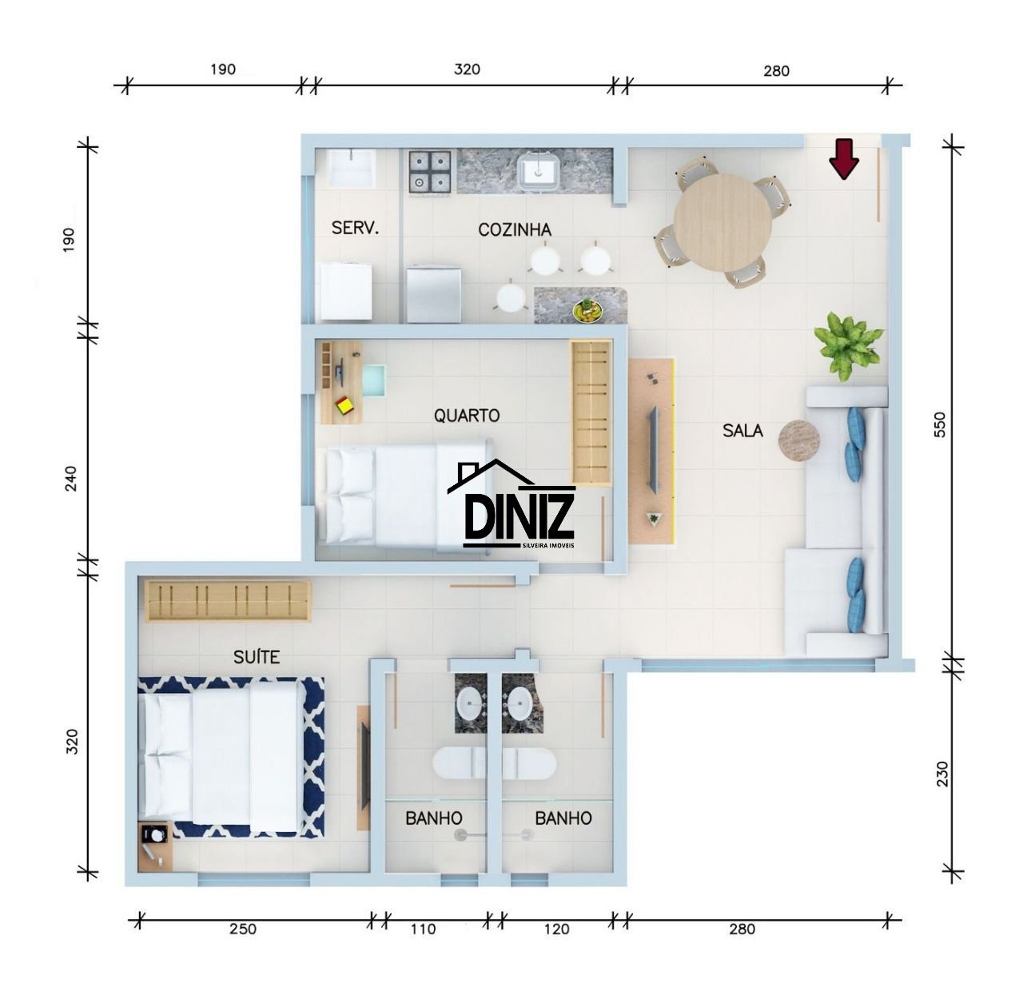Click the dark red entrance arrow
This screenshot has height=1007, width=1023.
pyautogui.click(x=843, y=158)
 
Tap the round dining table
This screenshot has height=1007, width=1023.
pyautogui.click(x=722, y=223)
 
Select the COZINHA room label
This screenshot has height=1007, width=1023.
pyautogui.click(x=515, y=230)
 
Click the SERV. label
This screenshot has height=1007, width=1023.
pyautogui.click(x=355, y=228)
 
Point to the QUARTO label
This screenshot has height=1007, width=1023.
pyautogui.click(x=467, y=416)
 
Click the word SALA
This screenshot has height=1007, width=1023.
pyautogui.click(x=742, y=430)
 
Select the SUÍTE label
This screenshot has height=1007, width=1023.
pyautogui.click(x=257, y=656)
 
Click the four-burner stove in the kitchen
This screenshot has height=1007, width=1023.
pyautogui.click(x=429, y=172)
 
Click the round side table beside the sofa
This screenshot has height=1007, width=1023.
pyautogui.click(x=798, y=440)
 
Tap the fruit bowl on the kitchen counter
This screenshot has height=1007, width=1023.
pyautogui.click(x=587, y=310)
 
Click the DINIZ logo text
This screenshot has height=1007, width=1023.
pyautogui.click(x=519, y=515)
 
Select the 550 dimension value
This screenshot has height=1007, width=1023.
pyautogui.click(x=939, y=424)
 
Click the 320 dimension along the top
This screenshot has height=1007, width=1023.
pyautogui.click(x=467, y=70)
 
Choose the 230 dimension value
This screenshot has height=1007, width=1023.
pyautogui.click(x=941, y=789)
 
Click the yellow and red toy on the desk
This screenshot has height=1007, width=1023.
pyautogui.click(x=344, y=405)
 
